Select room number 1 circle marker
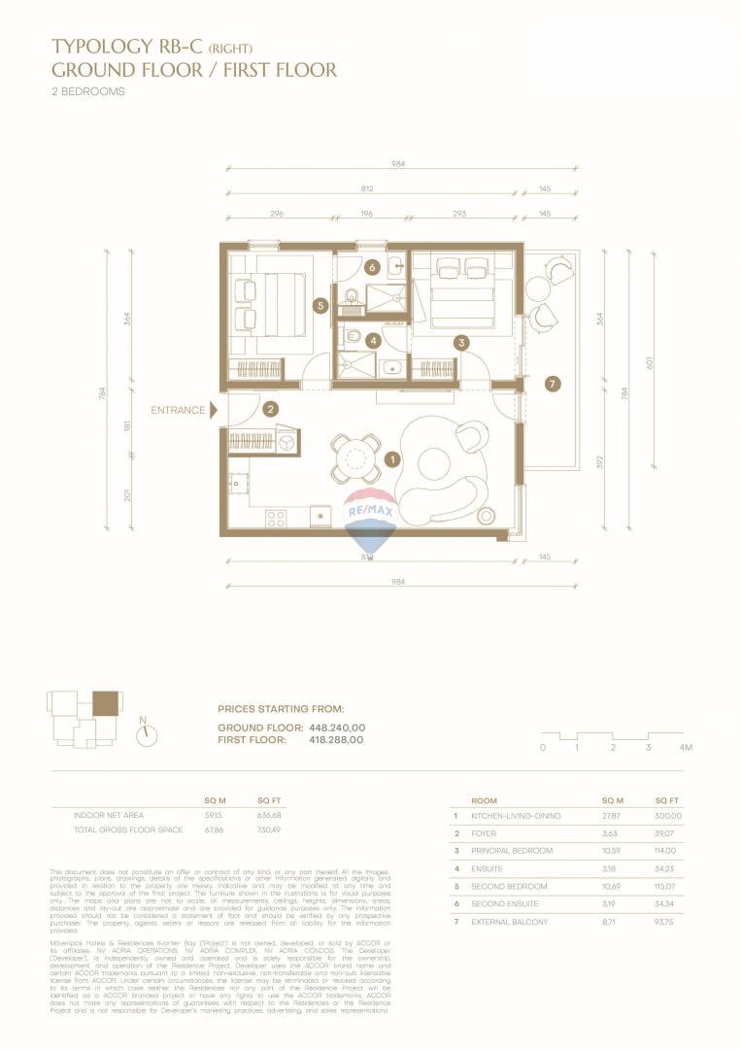click(x=392, y=458)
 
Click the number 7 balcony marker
click(x=553, y=385)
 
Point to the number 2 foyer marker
click(x=271, y=411)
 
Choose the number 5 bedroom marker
click(x=320, y=305)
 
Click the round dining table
click(x=356, y=457)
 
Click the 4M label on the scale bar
click(x=685, y=747)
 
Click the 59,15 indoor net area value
click(x=214, y=815)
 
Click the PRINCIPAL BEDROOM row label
click(x=512, y=851)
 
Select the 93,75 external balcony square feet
click(x=668, y=922)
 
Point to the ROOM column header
click(x=484, y=801)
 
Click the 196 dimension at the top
click(x=366, y=215)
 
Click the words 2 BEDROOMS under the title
click(x=88, y=92)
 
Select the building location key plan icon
click(x=85, y=717)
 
